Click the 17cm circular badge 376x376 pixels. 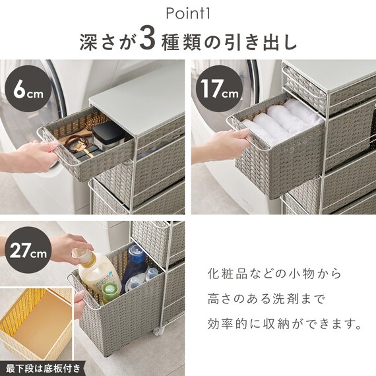click(220, 92)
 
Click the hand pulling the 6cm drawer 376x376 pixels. click(33, 153)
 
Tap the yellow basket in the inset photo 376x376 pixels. click(36, 323)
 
